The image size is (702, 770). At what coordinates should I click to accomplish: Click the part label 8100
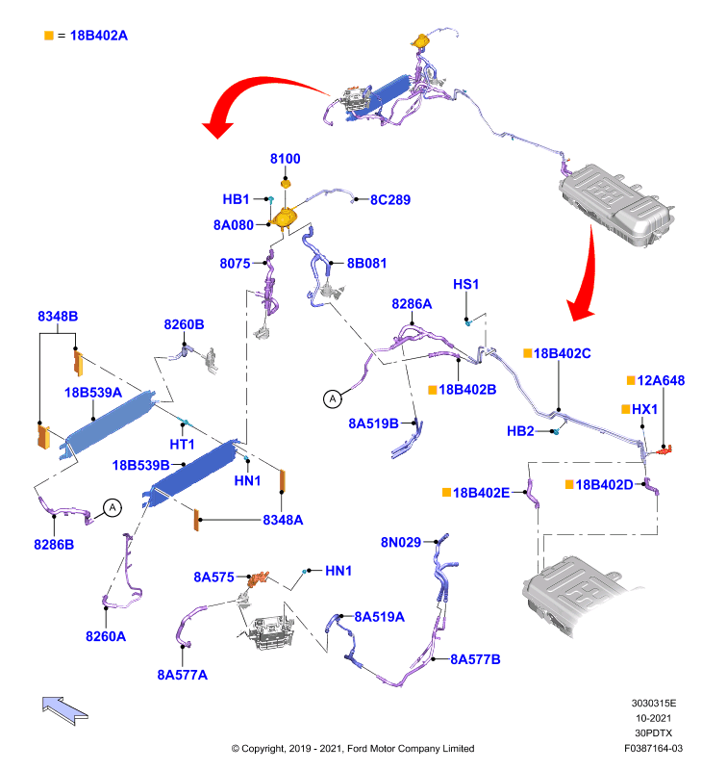click(x=285, y=159)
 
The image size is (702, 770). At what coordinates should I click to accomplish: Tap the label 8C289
click(x=390, y=200)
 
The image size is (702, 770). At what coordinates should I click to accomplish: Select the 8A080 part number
click(x=233, y=225)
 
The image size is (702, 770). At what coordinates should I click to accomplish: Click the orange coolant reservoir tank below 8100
click(x=284, y=218)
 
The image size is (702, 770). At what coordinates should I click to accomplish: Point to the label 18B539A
click(x=93, y=393)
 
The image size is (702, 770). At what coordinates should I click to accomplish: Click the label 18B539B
click(x=140, y=465)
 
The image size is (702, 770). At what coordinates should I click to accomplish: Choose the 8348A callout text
click(x=283, y=520)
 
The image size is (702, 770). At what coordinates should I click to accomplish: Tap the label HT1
click(x=182, y=445)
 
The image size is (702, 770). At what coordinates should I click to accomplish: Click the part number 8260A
click(x=106, y=636)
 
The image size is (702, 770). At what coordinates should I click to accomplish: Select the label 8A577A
click(x=182, y=676)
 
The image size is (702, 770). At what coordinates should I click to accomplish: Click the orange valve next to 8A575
click(x=258, y=578)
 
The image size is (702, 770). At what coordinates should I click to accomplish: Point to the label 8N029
click(x=401, y=542)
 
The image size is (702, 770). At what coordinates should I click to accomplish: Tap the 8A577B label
click(x=475, y=659)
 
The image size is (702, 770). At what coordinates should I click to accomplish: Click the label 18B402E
click(x=481, y=493)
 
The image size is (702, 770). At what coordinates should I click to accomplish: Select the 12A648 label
click(x=661, y=380)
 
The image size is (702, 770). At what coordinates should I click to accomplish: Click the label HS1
click(x=465, y=284)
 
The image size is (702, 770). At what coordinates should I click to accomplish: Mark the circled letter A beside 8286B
click(x=113, y=507)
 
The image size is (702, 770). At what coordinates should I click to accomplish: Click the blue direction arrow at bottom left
click(x=64, y=709)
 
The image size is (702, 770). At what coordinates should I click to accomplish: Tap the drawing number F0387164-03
click(x=653, y=749)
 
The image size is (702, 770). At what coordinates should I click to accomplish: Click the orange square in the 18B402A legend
click(x=49, y=36)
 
